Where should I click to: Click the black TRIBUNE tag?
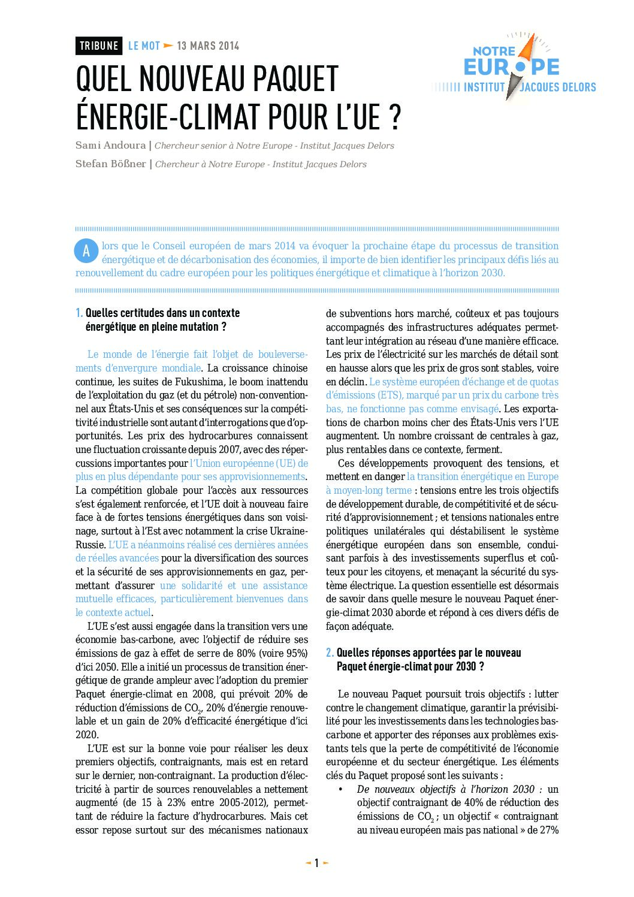(99, 46)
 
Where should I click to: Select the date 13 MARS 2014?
(208, 46)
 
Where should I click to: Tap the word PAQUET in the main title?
(296, 80)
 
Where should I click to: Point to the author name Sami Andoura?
(110, 146)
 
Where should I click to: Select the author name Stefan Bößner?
(111, 164)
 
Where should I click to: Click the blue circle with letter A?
(86, 251)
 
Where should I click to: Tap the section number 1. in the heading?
(79, 313)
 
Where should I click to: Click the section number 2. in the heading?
(330, 653)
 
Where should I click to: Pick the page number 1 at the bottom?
(317, 863)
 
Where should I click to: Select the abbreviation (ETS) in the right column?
(391, 395)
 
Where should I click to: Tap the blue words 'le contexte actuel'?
(113, 612)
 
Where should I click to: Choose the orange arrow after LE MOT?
(168, 46)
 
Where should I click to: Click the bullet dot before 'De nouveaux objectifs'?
(340, 789)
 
